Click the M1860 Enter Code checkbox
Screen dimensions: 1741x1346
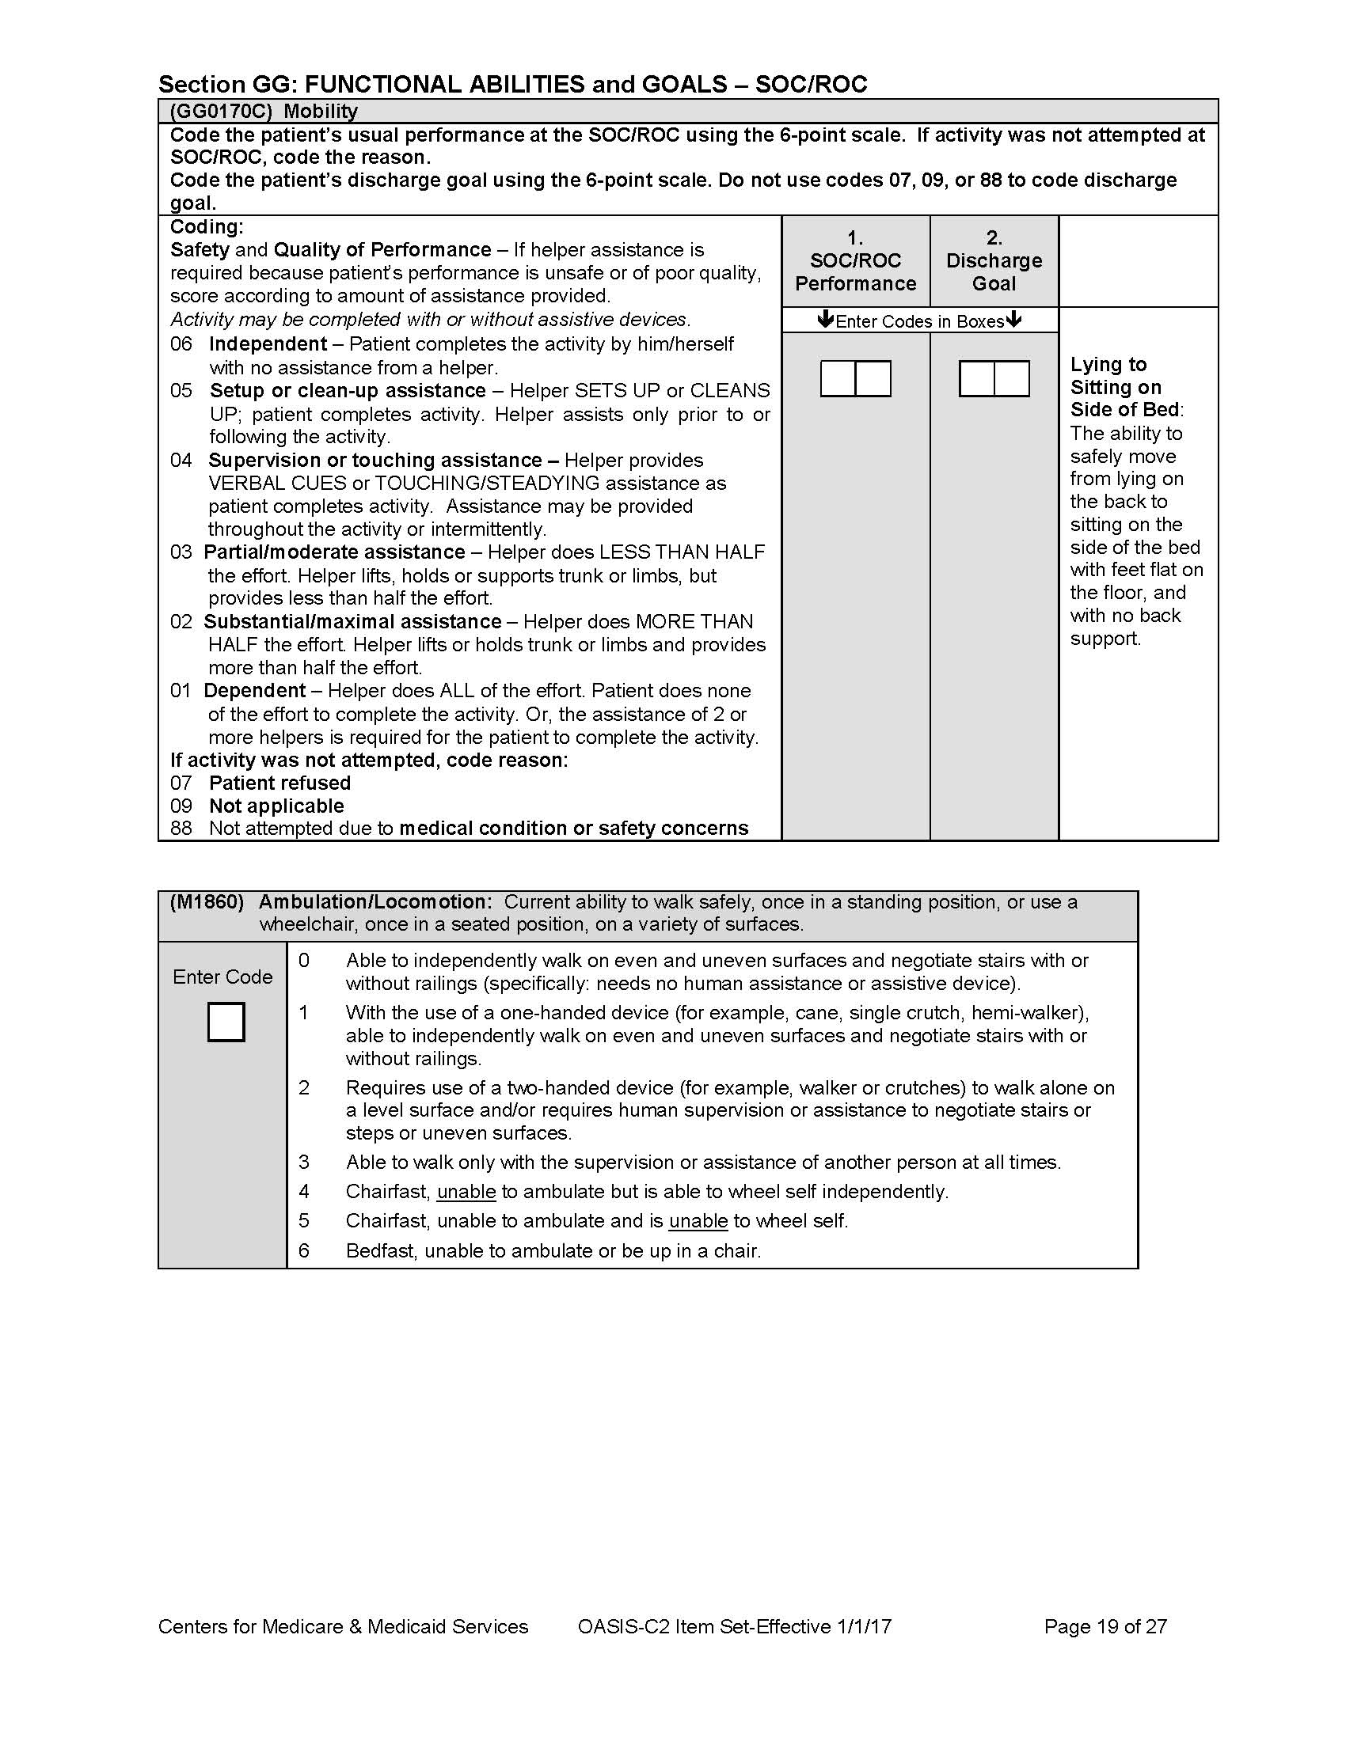point(226,1022)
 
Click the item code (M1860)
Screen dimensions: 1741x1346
point(207,901)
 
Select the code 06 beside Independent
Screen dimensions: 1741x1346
point(181,344)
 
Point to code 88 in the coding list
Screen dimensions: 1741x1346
point(181,829)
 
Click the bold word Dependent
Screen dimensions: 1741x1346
point(254,690)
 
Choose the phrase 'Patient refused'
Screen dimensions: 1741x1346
point(279,783)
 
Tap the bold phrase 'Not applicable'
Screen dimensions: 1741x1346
point(276,806)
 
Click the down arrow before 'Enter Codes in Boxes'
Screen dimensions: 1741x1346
point(825,321)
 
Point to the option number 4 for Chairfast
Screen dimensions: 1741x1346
point(304,1191)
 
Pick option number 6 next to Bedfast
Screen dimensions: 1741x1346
point(304,1250)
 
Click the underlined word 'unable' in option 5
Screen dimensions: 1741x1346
point(698,1220)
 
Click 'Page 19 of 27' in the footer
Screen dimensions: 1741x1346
point(1105,1626)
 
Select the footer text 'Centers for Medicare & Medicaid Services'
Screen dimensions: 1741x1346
point(343,1626)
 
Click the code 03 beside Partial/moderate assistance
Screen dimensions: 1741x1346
point(181,552)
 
